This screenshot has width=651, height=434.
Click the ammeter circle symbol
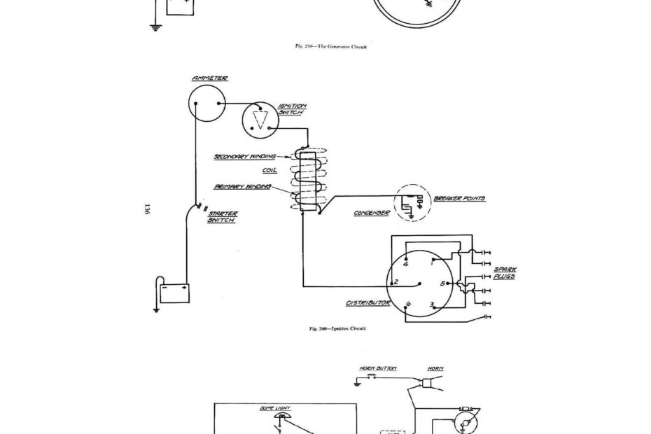tap(209, 104)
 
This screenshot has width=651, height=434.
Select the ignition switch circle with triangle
tap(260, 120)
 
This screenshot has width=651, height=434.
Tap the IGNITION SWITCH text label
tap(292, 109)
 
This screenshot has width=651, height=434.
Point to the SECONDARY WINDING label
tap(244, 157)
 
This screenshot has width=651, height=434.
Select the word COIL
tap(260, 171)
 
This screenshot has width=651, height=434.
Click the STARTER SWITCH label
tap(222, 216)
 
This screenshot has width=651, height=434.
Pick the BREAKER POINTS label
tap(459, 199)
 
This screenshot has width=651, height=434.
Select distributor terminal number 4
tap(405, 262)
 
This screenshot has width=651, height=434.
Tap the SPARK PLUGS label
tap(505, 273)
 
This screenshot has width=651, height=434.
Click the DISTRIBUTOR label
tap(367, 304)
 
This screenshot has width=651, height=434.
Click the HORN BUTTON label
tap(378, 367)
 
